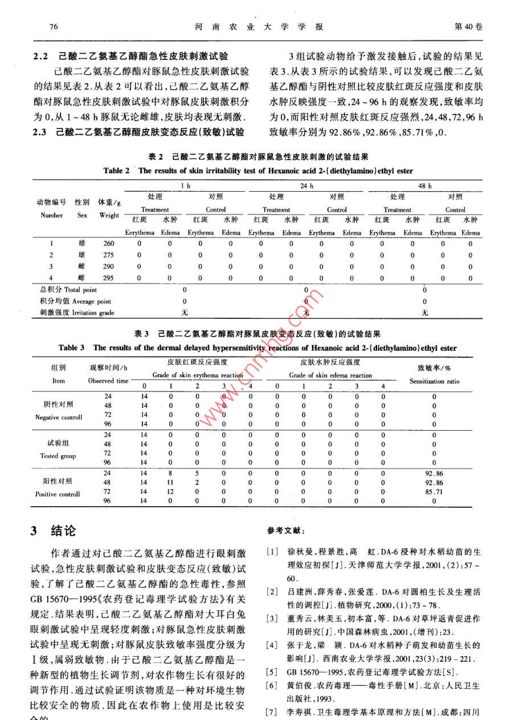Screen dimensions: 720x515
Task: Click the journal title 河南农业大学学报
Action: [x=259, y=27]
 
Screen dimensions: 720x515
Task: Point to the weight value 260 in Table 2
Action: [x=108, y=243]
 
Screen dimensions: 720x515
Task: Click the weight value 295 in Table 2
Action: [x=108, y=278]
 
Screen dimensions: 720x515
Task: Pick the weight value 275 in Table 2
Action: [x=108, y=255]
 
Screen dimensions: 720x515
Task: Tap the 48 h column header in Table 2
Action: [x=424, y=186]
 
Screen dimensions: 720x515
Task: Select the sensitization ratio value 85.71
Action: [x=434, y=491]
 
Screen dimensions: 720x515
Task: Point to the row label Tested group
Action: [x=58, y=456]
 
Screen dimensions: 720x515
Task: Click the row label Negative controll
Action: [x=59, y=417]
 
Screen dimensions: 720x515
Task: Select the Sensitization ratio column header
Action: [x=434, y=381]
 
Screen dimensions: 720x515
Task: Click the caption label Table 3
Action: [x=72, y=347]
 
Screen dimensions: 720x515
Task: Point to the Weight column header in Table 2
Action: [x=109, y=216]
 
